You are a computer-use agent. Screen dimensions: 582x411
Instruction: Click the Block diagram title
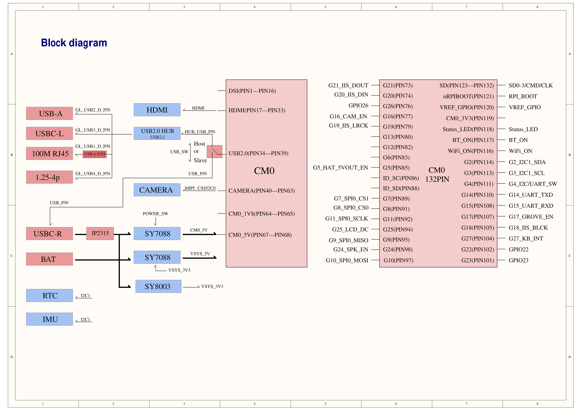[x=74, y=43]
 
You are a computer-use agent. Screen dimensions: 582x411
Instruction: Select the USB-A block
[x=49, y=113]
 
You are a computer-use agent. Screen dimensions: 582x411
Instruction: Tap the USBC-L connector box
[x=49, y=133]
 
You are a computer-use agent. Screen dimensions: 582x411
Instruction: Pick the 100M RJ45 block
[x=49, y=153]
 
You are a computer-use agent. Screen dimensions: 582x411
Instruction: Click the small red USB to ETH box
[x=95, y=154]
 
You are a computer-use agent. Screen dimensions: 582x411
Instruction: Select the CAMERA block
[x=157, y=190]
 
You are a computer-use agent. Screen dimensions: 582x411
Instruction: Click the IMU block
[x=49, y=319]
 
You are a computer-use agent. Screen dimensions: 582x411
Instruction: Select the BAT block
[x=49, y=259]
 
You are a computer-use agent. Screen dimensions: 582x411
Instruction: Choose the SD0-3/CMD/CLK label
[x=531, y=86]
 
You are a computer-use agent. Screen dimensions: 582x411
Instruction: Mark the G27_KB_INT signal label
[x=526, y=239]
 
